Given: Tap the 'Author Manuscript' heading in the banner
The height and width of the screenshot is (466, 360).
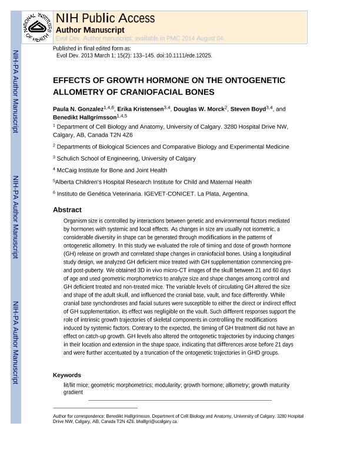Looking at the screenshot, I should click(89, 29).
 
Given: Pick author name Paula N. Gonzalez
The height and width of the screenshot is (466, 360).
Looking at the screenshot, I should click(78, 109).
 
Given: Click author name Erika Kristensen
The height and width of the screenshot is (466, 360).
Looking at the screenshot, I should click(140, 109).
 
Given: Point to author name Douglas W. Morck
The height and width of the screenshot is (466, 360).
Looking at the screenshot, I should click(199, 109).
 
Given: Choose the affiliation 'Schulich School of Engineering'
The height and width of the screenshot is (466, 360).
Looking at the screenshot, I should click(98, 158).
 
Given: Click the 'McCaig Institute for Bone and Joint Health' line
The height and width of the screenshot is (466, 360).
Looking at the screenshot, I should click(112, 170).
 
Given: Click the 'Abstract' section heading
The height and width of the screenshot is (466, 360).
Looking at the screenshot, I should click(67, 209).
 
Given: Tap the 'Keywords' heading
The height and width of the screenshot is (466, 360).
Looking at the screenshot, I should click(67, 375).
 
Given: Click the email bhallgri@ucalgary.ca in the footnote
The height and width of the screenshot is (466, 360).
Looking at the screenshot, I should click(157, 421).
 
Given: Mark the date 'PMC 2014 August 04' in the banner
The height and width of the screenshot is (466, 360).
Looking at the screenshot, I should click(197, 38).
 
